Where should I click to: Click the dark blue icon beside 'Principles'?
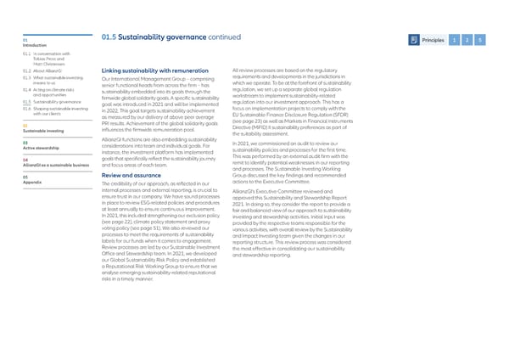pyautogui.click(x=413, y=38)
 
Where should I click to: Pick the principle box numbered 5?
pyautogui.click(x=479, y=38)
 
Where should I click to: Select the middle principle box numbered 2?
pyautogui.click(x=467, y=38)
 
